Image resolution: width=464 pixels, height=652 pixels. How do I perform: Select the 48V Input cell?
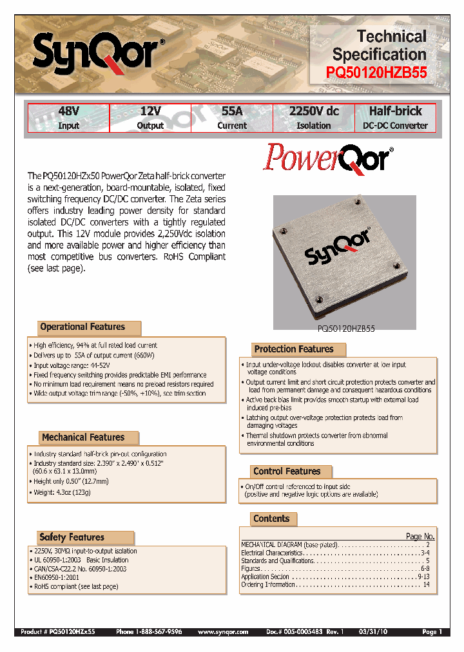68,118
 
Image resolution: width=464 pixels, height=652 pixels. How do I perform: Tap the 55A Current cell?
231,118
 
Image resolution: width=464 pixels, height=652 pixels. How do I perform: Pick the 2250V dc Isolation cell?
313,118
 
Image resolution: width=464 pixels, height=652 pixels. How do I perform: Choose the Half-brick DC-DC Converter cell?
395,118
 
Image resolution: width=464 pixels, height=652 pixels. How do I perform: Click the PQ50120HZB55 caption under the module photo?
346,328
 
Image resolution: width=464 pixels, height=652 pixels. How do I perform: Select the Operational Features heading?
82,327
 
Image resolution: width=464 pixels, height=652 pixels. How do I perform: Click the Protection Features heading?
294,349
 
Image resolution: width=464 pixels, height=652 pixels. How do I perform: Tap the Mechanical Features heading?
83,437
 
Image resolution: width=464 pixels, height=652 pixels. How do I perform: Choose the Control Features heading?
287,472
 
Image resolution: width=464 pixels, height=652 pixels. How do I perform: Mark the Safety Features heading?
72,537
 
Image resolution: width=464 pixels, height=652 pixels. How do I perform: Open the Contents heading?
272,519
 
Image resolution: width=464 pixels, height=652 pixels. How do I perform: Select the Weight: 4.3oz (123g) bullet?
62,492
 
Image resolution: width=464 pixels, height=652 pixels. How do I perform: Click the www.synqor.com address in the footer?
222,632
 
